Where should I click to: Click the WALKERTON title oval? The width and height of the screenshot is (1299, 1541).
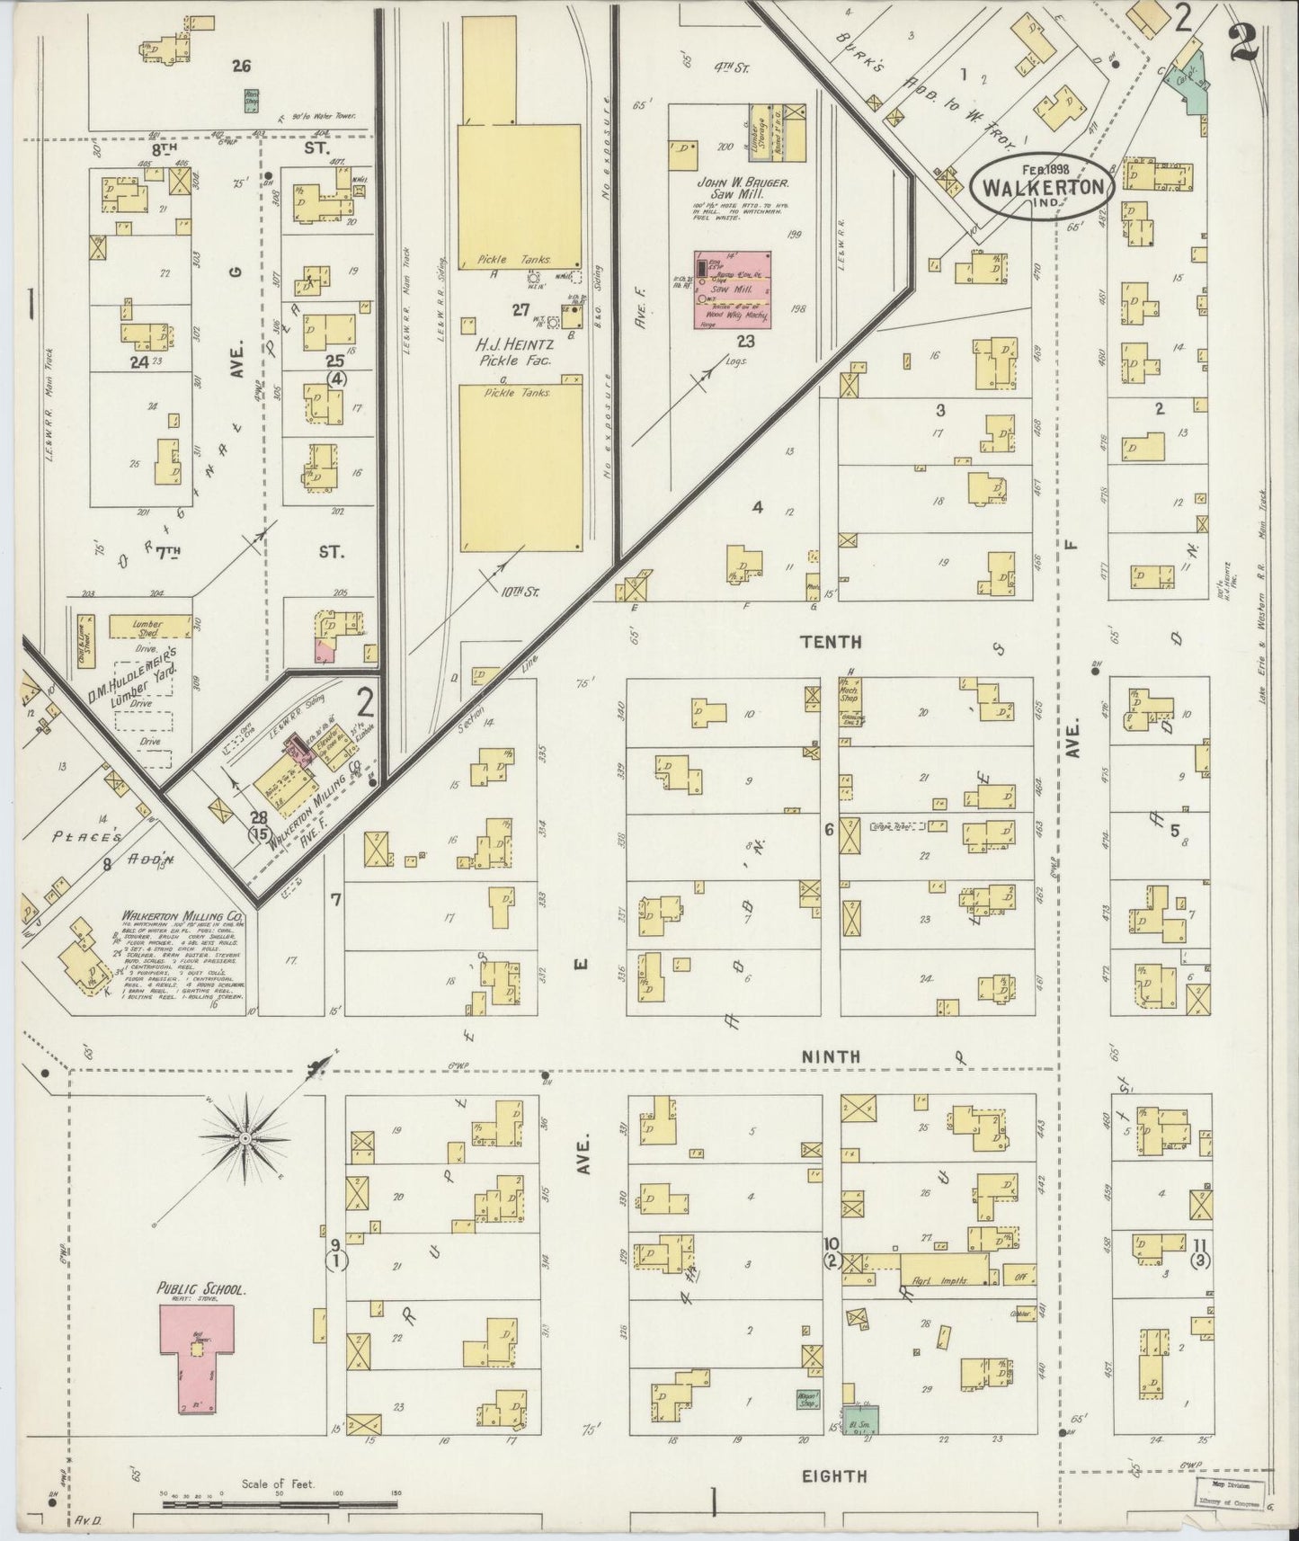(x=1043, y=186)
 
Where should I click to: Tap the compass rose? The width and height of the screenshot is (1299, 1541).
(x=244, y=1139)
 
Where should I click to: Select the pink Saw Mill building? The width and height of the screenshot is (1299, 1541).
(x=731, y=289)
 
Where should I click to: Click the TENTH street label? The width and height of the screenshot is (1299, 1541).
(x=832, y=642)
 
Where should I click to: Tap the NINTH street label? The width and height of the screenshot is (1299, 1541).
(x=832, y=1056)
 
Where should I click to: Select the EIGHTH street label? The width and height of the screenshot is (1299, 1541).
(x=835, y=1475)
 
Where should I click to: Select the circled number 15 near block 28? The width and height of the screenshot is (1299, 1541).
(x=261, y=833)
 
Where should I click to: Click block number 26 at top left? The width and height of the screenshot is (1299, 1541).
(x=240, y=65)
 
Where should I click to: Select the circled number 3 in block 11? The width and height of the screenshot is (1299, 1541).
(x=1200, y=1260)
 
